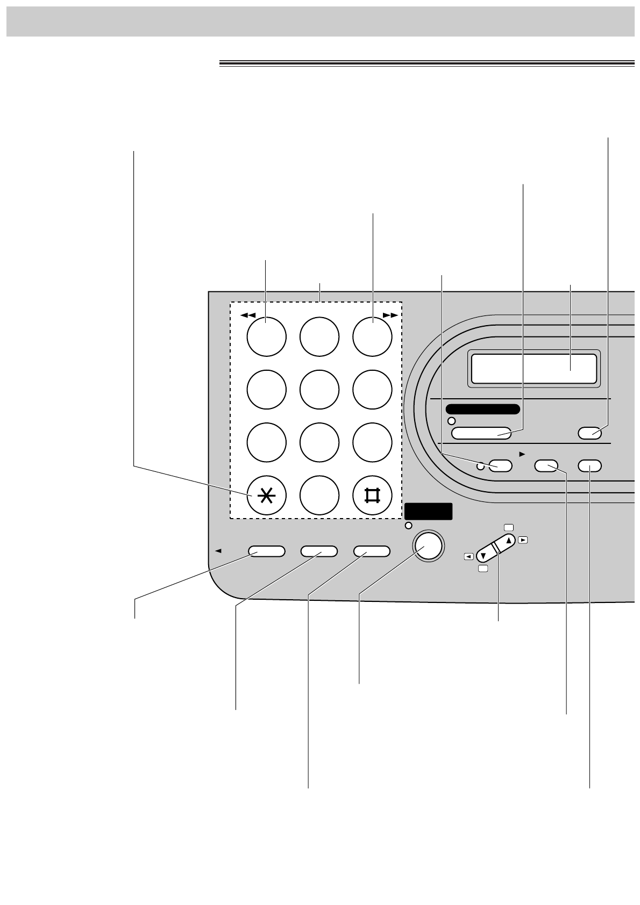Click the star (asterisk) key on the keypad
(x=266, y=495)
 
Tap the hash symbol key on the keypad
(x=372, y=495)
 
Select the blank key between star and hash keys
(x=319, y=495)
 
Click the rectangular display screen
(x=534, y=370)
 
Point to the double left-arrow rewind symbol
(x=247, y=315)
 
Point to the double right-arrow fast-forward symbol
(x=390, y=315)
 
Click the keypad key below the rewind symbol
(x=266, y=337)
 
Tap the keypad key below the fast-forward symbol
(x=372, y=337)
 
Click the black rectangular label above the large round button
(x=429, y=512)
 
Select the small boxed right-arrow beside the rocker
(x=522, y=540)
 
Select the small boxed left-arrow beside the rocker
(x=469, y=557)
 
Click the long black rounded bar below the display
(x=482, y=409)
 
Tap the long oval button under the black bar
(x=481, y=433)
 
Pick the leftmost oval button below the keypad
(x=266, y=551)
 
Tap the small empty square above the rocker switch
(x=509, y=528)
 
